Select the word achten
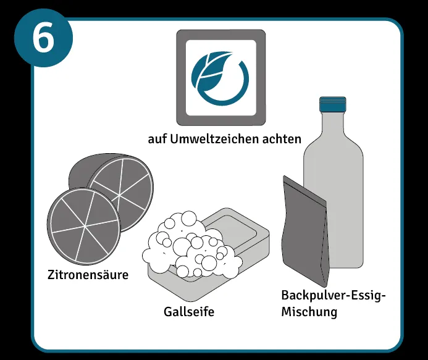pos(283,138)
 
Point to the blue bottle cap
pos(334,103)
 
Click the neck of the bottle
pos(334,123)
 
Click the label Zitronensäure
pos(88,274)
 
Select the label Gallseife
pos(189,312)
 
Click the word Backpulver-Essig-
pos(333,295)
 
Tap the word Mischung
pos(309,312)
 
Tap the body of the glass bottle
pos(337,204)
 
